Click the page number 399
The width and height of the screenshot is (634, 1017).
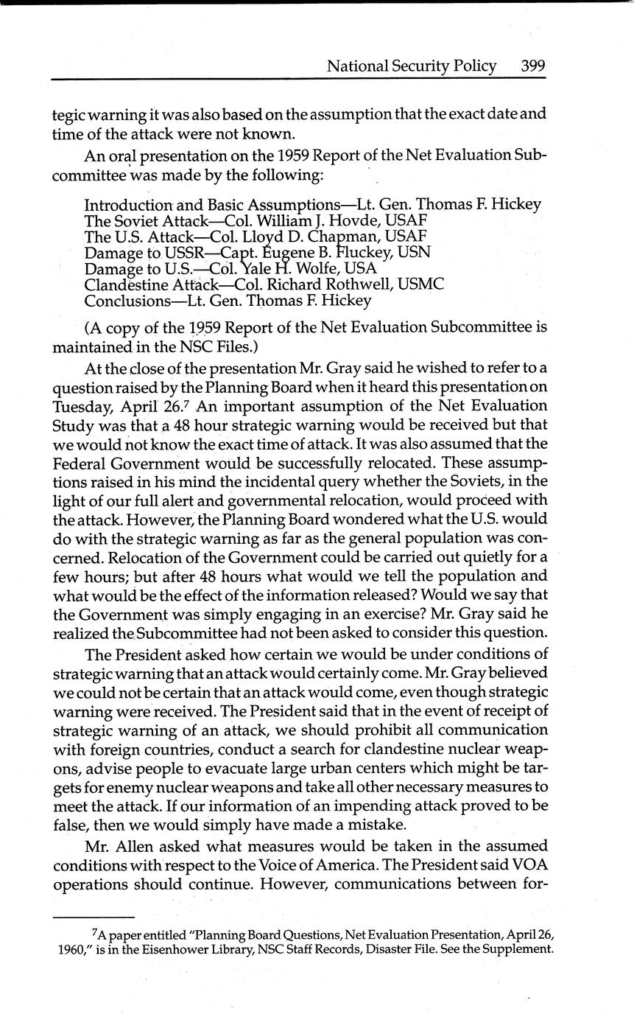tap(532, 66)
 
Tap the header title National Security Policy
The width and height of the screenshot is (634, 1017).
tap(412, 66)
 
